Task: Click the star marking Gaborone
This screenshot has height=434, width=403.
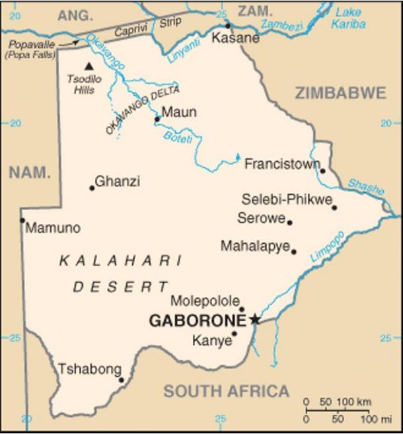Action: coord(255,320)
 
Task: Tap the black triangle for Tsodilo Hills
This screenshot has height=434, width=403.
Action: coord(89,66)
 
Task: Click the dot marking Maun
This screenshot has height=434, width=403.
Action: coord(157,120)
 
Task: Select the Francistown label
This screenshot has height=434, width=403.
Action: coord(281,164)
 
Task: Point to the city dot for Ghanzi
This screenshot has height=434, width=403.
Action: coord(92,188)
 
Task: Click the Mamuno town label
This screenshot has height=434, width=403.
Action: coord(53,228)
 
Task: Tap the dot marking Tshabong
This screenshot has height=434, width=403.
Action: coord(121,380)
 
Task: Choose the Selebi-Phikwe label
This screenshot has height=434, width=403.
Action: coord(285,199)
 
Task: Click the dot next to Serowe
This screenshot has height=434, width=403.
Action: coord(289,222)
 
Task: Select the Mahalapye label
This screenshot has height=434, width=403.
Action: coord(255,246)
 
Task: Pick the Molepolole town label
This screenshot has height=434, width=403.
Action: coord(205,301)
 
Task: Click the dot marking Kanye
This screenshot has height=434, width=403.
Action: coord(234,334)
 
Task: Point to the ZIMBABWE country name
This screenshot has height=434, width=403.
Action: coord(340,93)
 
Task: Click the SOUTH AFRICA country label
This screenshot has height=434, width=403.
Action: coord(226,391)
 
